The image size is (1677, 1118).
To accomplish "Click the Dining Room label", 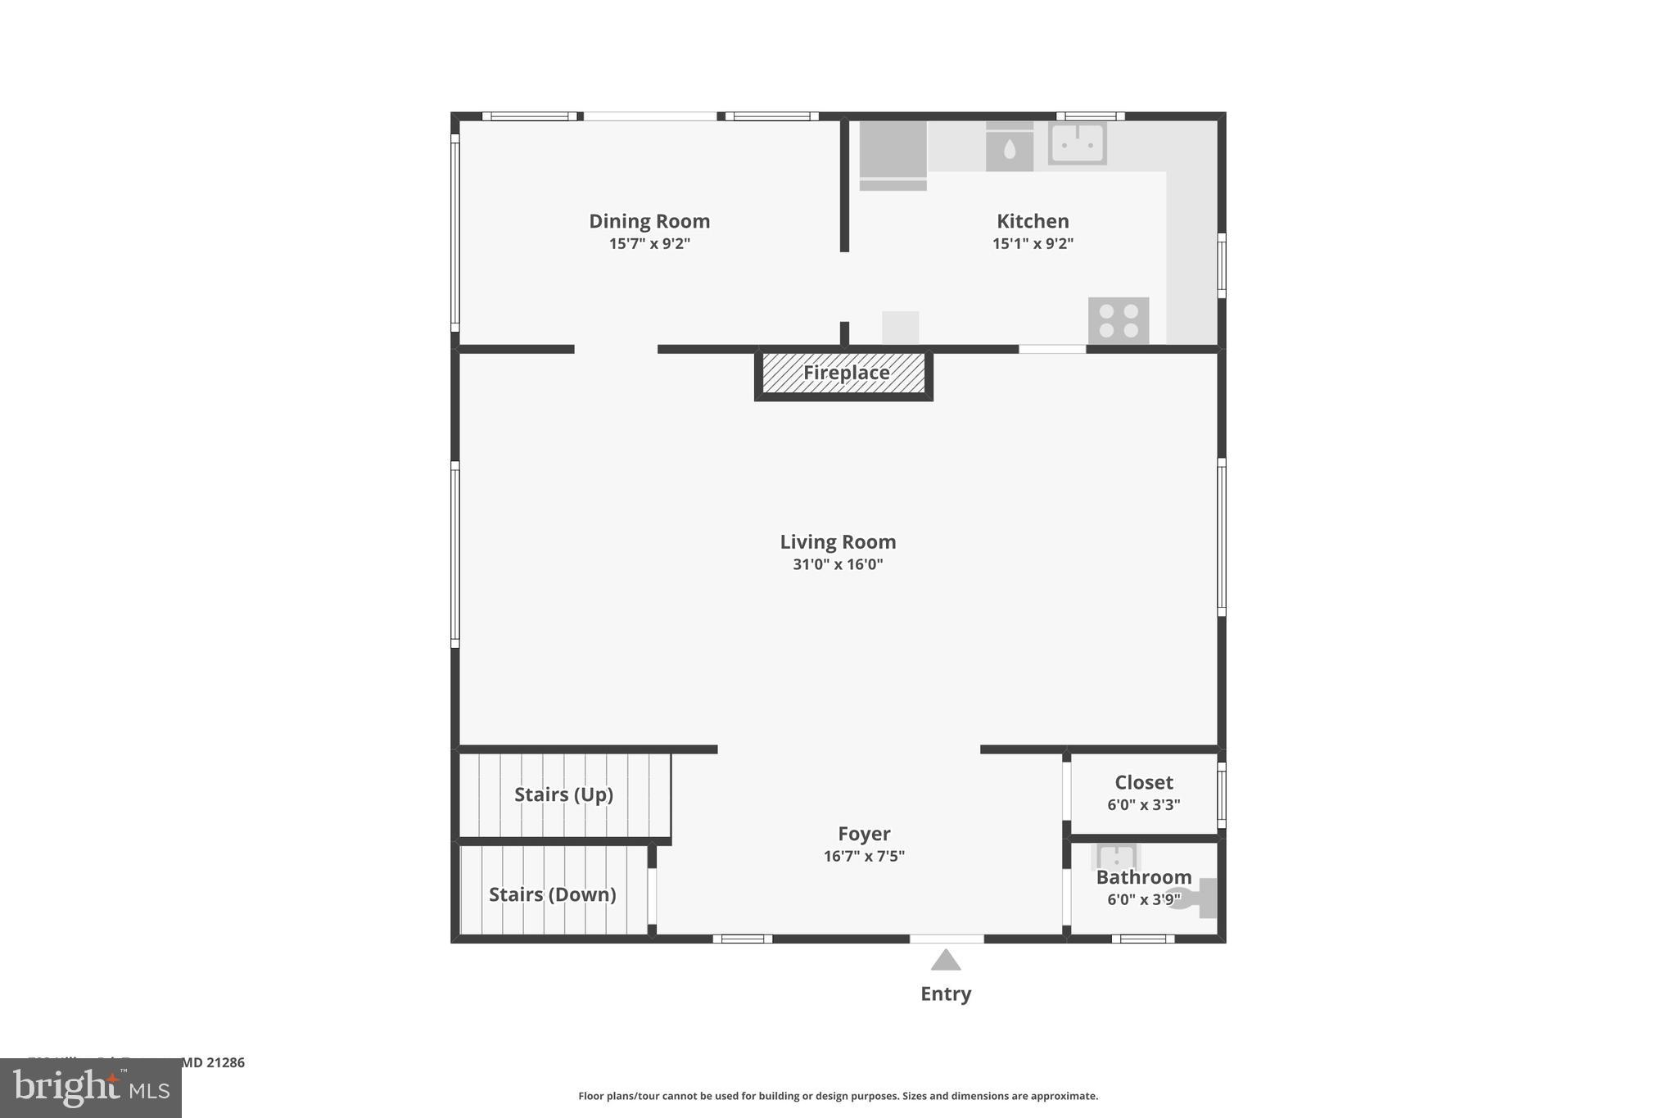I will click(x=649, y=221).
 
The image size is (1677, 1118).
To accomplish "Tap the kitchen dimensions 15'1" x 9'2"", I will click(x=1033, y=243).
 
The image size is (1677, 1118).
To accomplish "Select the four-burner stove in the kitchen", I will click(x=1119, y=320).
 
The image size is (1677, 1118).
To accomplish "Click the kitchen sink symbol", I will click(x=1078, y=143).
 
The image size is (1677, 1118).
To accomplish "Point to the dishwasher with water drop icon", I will click(x=1009, y=147).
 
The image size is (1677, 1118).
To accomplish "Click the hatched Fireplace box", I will click(x=844, y=373).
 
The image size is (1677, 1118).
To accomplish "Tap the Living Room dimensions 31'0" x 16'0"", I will click(x=838, y=564).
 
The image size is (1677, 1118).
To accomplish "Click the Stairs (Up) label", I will click(x=563, y=794).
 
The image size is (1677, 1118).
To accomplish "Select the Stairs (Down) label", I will click(x=553, y=894).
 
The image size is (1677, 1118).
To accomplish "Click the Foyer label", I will click(x=864, y=834).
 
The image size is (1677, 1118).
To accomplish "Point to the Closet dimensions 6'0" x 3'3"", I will click(x=1143, y=804).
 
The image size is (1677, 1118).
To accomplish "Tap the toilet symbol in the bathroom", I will click(x=1196, y=898).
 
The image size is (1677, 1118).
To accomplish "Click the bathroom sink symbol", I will click(x=1115, y=857).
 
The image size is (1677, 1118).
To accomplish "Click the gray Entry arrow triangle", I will click(x=946, y=961).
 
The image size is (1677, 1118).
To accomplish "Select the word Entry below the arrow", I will click(x=946, y=994).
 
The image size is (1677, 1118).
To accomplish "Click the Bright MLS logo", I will click(x=91, y=1088).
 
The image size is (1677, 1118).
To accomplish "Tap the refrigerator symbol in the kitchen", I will click(x=893, y=154).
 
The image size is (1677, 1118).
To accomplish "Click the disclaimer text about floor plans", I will click(x=838, y=1096).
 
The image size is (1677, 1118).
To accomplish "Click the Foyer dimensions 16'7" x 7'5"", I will click(x=864, y=856).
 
